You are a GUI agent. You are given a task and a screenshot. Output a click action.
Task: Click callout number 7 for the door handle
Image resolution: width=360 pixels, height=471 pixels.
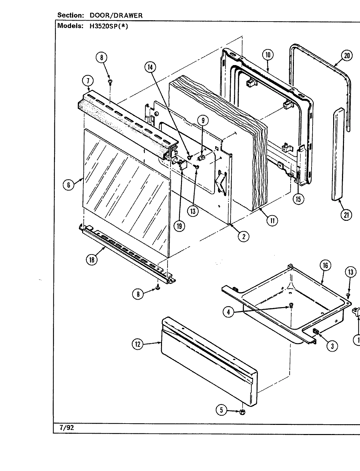coord(88,80)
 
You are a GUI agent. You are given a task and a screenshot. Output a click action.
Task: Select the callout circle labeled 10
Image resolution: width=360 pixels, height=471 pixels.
coord(268,55)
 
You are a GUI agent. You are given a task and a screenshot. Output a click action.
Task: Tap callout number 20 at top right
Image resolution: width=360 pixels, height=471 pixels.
coord(347,55)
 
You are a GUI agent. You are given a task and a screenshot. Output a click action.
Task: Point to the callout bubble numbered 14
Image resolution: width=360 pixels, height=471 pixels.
coord(150,67)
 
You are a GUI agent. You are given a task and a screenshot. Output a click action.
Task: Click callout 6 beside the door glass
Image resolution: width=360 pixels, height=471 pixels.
coord(68,185)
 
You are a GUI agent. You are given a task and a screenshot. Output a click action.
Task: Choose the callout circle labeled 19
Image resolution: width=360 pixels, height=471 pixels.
coord(179,226)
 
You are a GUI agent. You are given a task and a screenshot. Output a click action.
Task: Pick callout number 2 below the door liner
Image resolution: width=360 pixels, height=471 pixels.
coord(243,236)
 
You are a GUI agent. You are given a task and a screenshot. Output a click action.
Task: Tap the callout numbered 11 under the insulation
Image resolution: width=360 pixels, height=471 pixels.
coord(272,220)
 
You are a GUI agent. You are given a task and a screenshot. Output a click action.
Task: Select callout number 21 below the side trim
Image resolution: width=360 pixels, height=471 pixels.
coord(347,215)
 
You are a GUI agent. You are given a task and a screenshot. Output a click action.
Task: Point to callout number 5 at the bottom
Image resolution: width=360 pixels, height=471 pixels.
coord(222,410)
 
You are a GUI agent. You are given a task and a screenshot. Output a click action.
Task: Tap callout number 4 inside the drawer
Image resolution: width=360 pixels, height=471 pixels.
coord(228,312)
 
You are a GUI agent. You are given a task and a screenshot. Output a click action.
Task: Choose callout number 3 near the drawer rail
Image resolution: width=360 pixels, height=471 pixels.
coord(332,346)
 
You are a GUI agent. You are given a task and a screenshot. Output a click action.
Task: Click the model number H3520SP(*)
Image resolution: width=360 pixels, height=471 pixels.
coord(108,26)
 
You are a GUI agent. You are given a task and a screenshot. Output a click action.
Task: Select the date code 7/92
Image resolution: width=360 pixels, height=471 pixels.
coord(64,428)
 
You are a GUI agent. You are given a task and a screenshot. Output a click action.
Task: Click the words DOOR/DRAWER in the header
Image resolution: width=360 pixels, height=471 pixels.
coord(116,15)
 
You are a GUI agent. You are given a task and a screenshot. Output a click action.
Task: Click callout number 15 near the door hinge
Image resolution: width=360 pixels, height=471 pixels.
coord(298,199)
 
